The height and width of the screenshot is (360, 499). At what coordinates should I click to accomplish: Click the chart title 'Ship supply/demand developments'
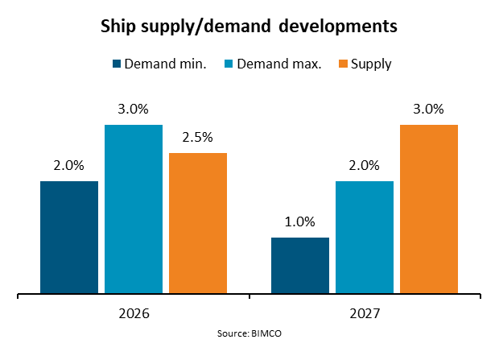point(249,26)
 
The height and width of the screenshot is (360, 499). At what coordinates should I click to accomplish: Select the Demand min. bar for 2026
point(69,237)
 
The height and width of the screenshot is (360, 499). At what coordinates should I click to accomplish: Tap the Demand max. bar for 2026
point(134,209)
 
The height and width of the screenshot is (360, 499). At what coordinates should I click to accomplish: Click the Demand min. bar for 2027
point(300,265)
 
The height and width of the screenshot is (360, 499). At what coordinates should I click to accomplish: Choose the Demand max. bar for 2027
point(365,237)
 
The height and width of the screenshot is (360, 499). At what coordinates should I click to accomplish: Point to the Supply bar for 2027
point(429,209)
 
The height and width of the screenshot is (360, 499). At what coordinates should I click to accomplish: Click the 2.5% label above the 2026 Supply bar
point(198,137)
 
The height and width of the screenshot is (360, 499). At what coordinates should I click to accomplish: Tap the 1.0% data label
point(300,221)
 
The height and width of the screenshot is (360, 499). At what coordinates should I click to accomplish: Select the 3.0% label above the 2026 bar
point(134,109)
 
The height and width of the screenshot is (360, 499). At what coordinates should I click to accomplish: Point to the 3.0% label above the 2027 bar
point(429,109)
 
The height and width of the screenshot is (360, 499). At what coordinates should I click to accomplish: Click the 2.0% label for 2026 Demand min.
point(69,165)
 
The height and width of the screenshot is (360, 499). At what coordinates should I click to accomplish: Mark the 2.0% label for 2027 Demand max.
point(365,165)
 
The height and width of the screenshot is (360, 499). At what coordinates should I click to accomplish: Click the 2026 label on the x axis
point(134,312)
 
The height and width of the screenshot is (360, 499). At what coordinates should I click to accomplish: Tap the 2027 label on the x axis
point(365,312)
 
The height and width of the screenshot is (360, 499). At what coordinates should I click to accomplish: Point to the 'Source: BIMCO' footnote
point(249,333)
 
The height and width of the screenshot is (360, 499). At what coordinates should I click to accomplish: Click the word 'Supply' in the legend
point(372,64)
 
